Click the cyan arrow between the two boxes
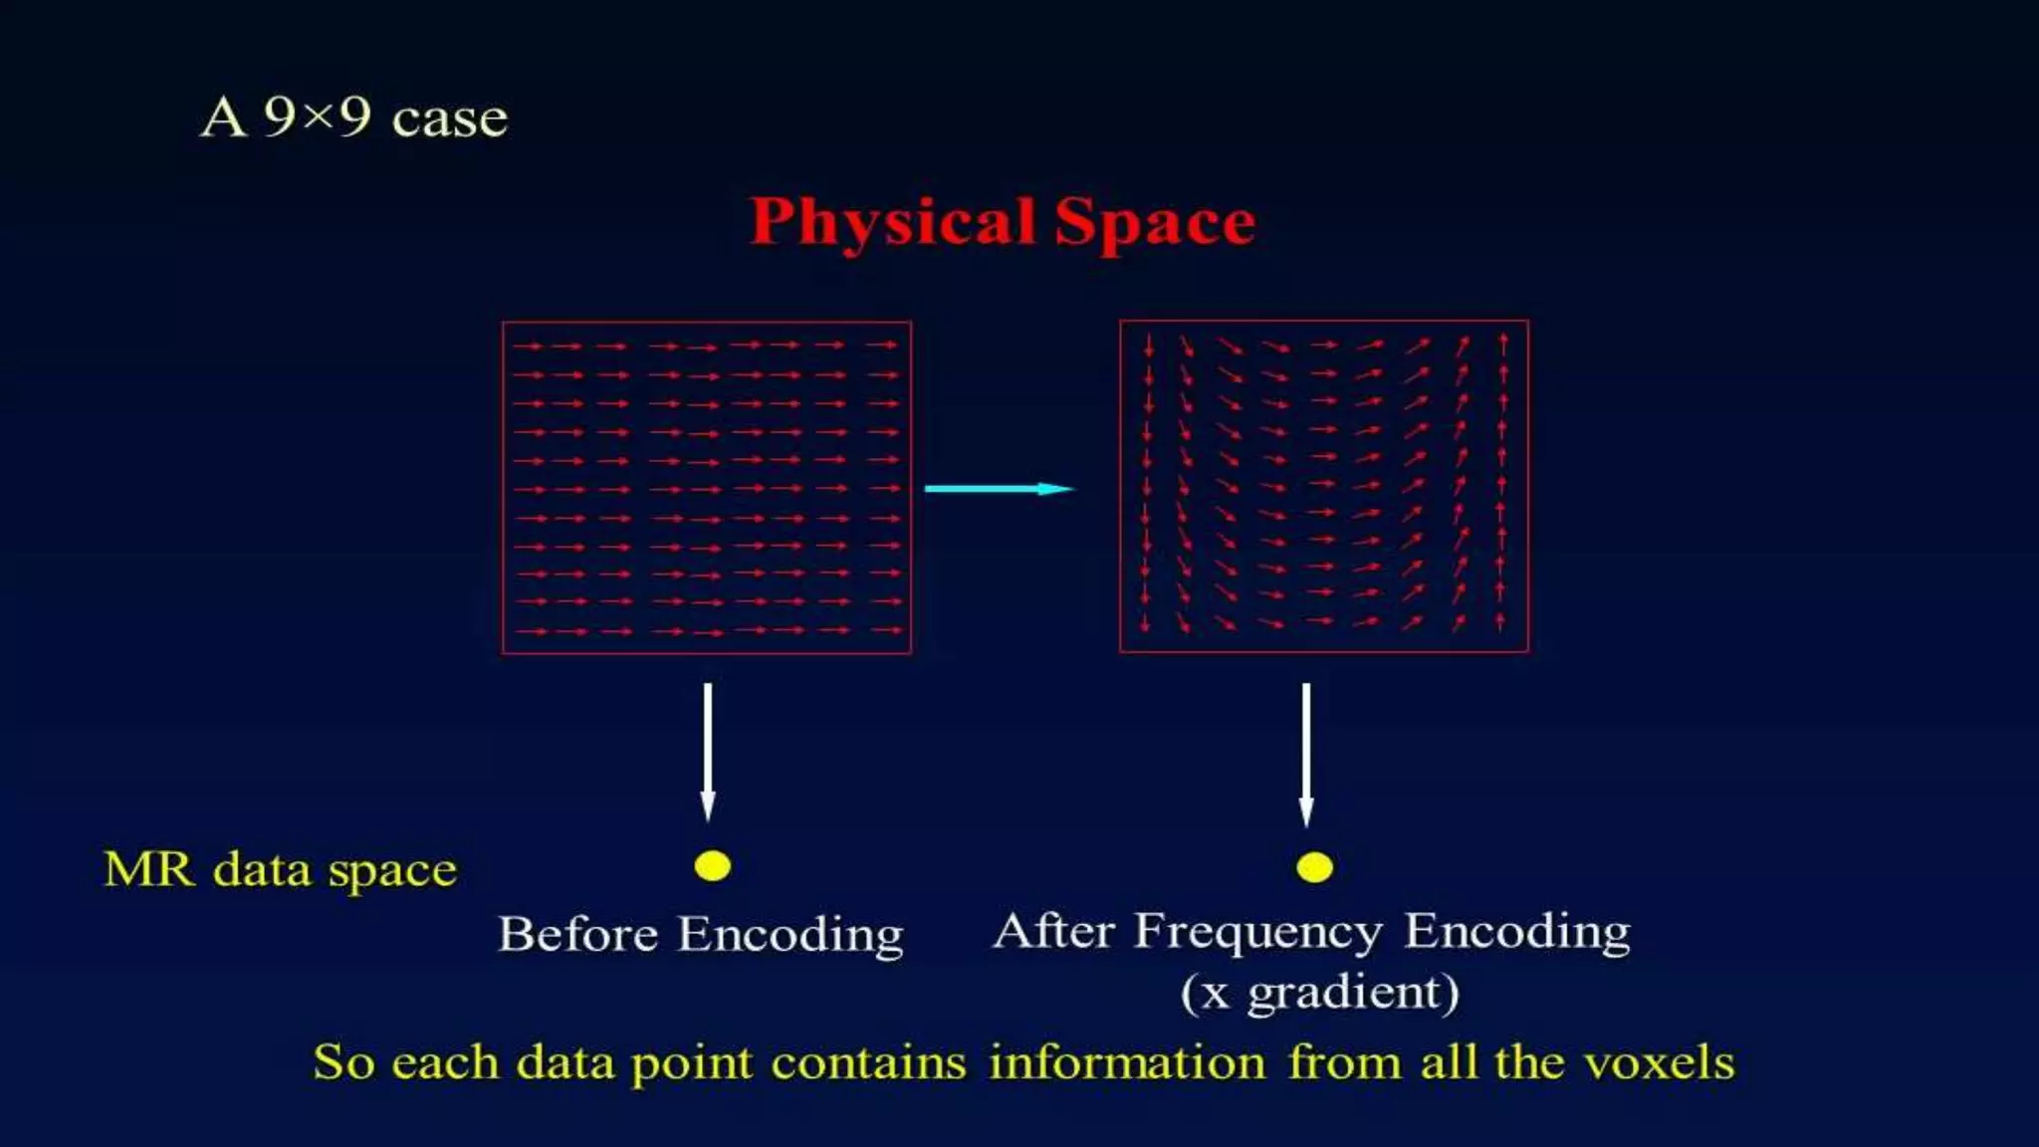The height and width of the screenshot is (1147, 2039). click(999, 488)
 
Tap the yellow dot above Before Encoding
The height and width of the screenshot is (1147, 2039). click(713, 866)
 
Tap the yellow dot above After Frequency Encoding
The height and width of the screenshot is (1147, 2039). click(1314, 867)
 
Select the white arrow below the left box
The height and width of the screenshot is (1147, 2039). click(708, 752)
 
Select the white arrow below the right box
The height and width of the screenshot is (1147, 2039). click(1306, 754)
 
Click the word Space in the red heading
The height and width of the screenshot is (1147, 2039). click(1155, 221)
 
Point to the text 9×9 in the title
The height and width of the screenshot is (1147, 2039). click(317, 117)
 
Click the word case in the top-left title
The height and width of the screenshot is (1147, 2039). click(450, 120)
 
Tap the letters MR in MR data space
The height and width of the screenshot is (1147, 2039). click(149, 869)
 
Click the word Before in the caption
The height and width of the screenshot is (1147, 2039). click(577, 934)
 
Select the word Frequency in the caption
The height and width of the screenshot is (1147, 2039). click(1258, 932)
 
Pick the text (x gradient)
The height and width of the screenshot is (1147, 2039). click(1320, 993)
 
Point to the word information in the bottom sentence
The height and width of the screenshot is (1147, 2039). click(1127, 1061)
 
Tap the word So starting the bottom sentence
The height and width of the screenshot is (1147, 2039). click(343, 1061)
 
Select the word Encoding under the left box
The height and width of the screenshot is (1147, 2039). click(791, 936)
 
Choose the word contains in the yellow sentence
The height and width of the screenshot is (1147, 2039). click(868, 1061)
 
